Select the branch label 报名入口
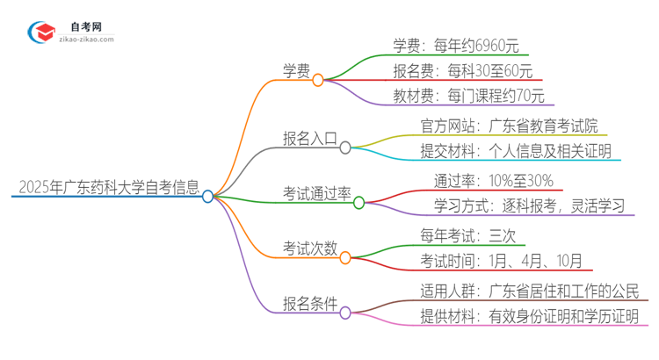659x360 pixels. (308, 139)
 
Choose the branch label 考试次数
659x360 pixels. (308, 248)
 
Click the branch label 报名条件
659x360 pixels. (308, 304)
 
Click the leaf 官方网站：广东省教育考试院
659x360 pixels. (510, 126)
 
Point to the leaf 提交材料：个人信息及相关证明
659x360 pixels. (516, 151)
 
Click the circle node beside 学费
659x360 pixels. (318, 80)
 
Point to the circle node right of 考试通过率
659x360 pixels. (358, 203)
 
